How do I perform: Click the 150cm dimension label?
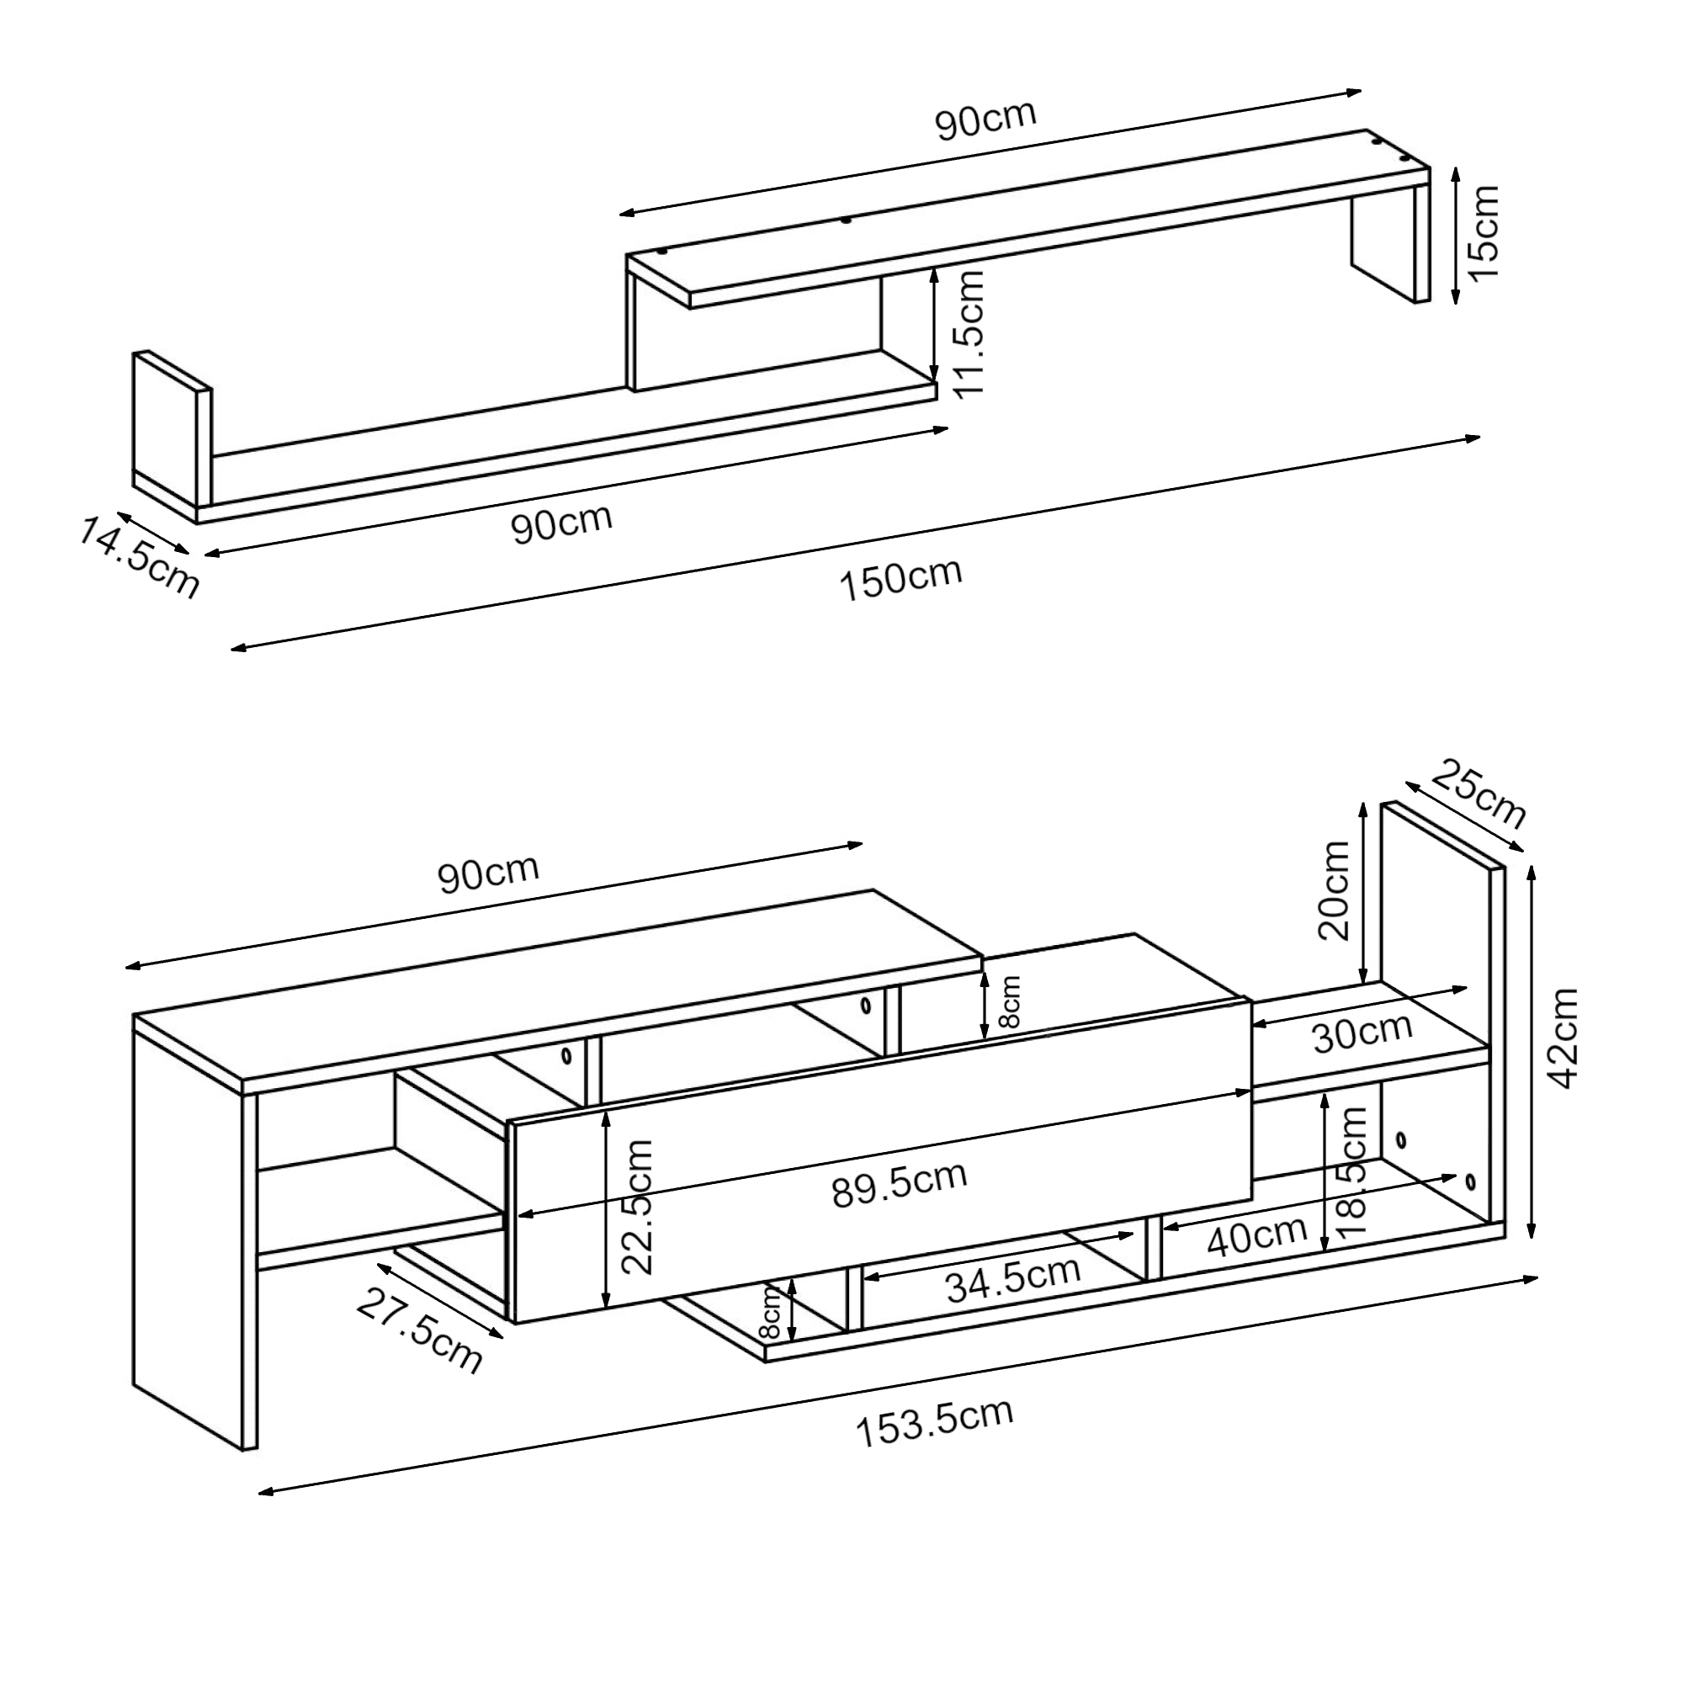click(900, 578)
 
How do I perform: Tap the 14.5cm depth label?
click(139, 558)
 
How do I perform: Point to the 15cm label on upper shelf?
click(1484, 232)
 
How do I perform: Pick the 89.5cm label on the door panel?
click(899, 1185)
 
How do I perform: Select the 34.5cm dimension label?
click(1013, 1278)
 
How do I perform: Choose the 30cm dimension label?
click(1362, 1033)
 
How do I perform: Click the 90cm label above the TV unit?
click(488, 874)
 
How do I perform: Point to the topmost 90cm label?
click(986, 120)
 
